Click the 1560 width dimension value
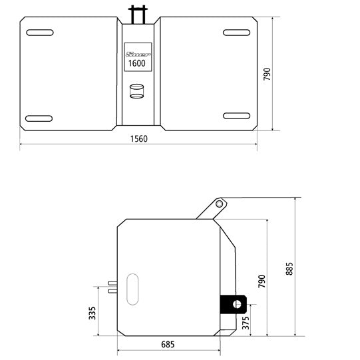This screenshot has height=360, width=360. click(x=138, y=138)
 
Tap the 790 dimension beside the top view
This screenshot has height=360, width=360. click(x=268, y=74)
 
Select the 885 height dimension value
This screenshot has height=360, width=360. click(x=289, y=267)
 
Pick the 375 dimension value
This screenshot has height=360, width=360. click(x=246, y=323)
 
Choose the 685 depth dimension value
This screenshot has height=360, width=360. click(x=168, y=345)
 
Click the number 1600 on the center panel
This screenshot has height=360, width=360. click(x=136, y=63)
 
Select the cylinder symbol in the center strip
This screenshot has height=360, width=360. click(x=136, y=91)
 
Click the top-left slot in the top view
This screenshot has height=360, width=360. click(x=40, y=32)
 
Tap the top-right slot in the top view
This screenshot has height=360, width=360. click(x=236, y=32)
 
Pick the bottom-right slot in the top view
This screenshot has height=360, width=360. click(x=236, y=116)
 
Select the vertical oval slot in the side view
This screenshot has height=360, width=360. click(x=132, y=288)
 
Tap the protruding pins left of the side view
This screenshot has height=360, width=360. click(x=111, y=285)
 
